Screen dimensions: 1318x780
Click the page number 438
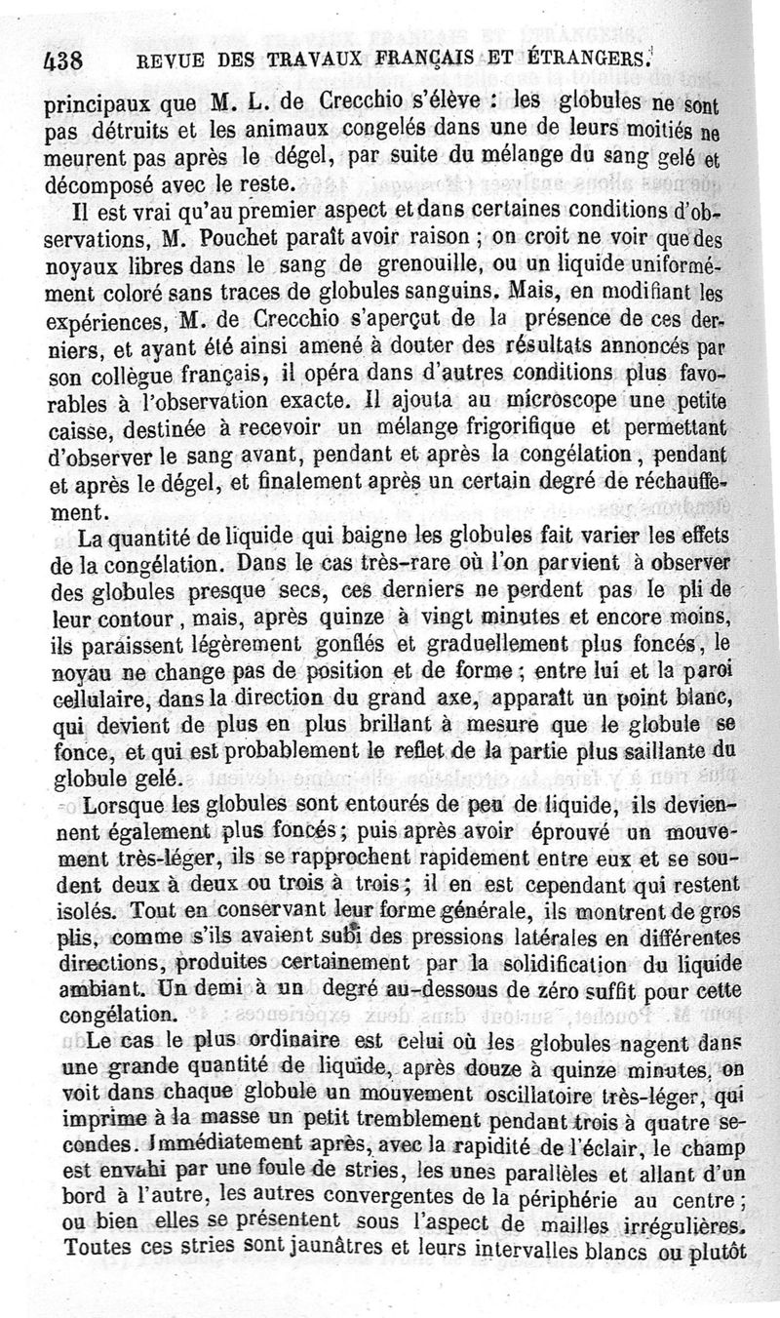[x=60, y=59]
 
